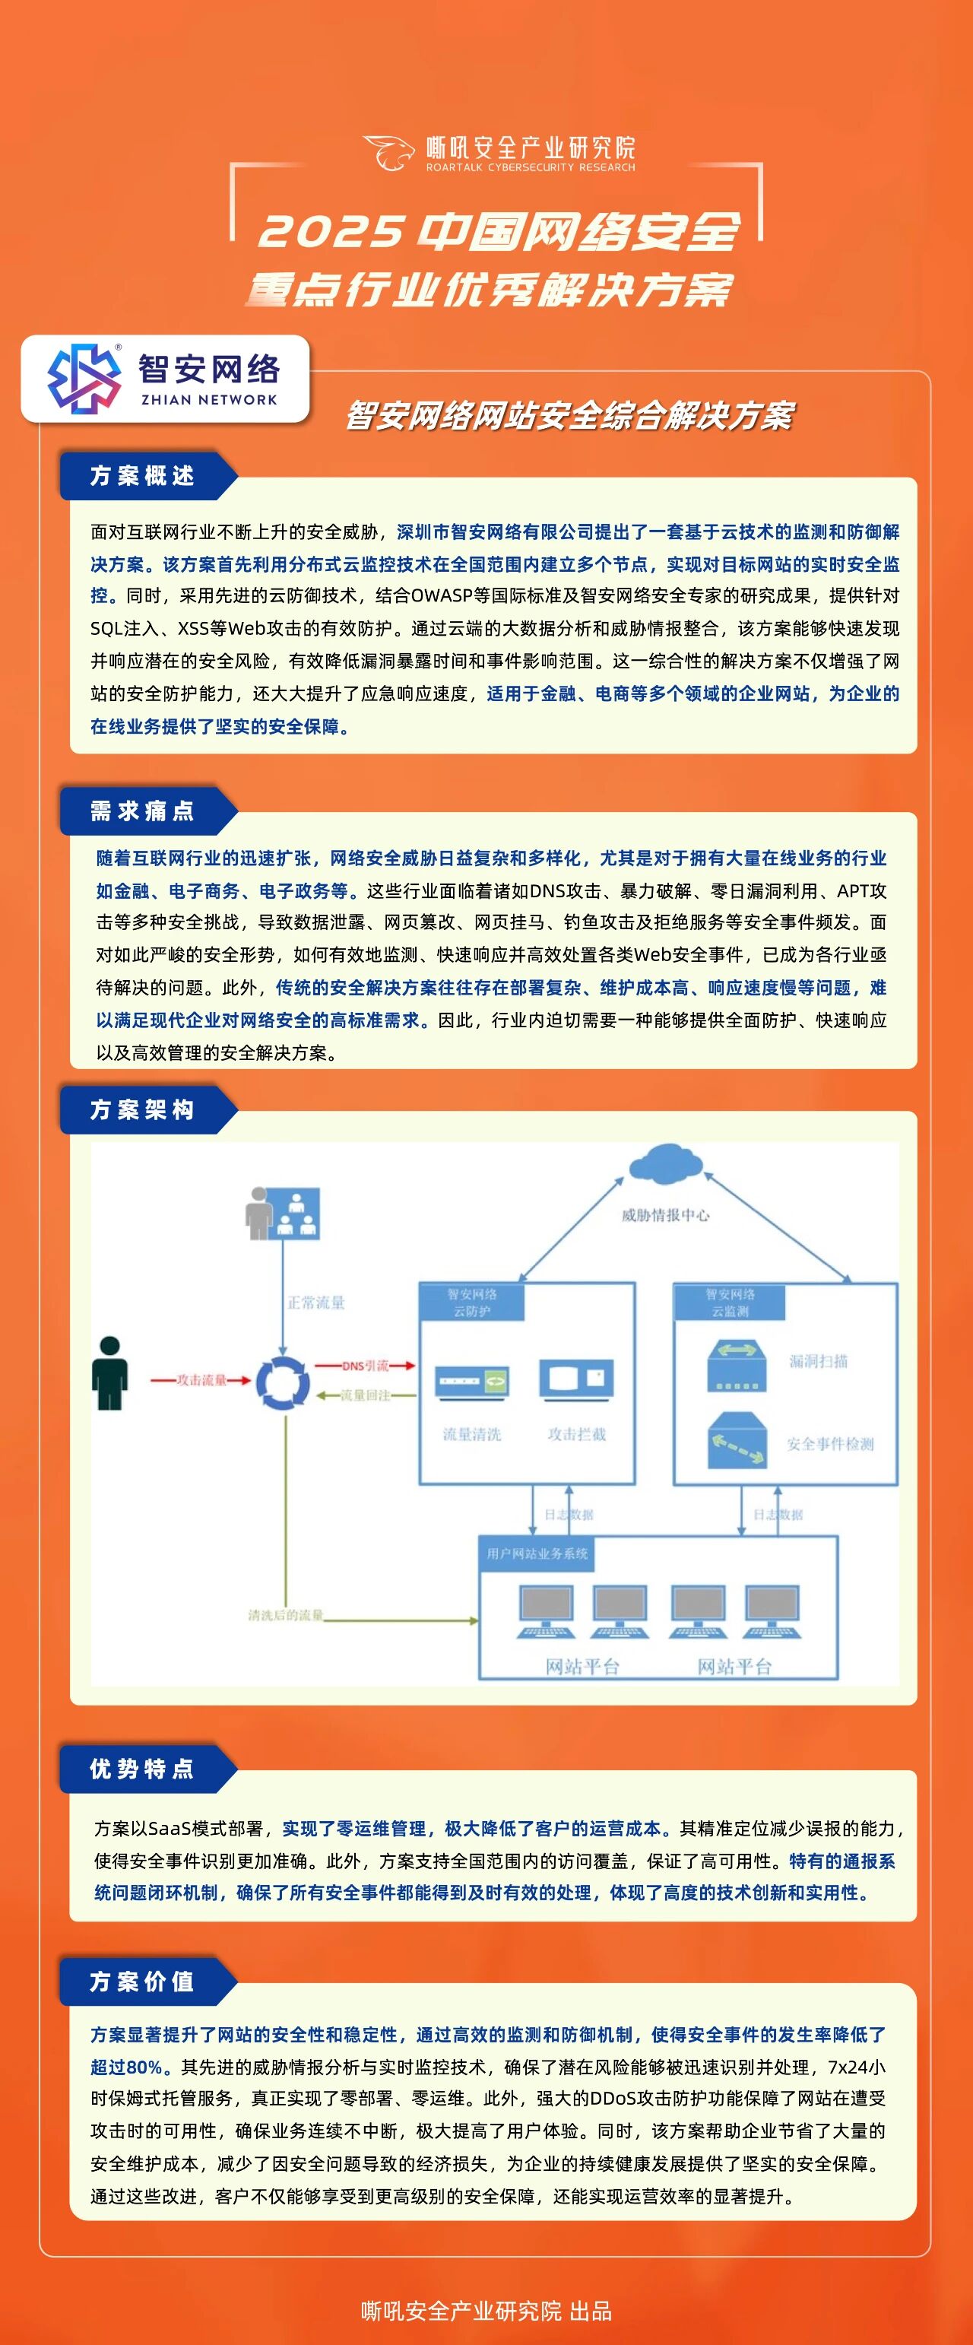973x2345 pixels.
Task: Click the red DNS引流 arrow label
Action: (365, 1366)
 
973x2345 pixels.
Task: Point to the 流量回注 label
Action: (365, 1395)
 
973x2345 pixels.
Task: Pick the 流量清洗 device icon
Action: (471, 1381)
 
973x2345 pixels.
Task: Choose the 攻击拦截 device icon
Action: (576, 1379)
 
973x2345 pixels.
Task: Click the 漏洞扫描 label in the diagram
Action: (818, 1361)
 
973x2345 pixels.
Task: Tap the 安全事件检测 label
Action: (830, 1444)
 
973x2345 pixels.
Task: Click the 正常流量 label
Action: (315, 1303)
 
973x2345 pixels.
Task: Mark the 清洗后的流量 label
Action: (286, 1615)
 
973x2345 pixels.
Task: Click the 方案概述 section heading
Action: (142, 476)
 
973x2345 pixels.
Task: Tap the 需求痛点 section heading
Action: (142, 811)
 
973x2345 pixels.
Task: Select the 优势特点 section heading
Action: (142, 1769)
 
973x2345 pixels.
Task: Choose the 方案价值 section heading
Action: (142, 1982)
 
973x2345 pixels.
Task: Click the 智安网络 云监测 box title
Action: (730, 1302)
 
